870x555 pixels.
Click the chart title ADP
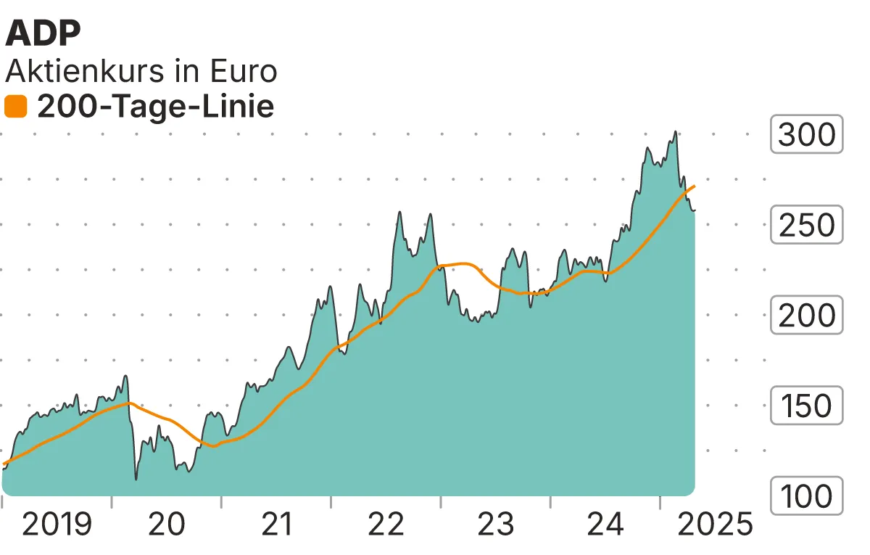pyautogui.click(x=43, y=33)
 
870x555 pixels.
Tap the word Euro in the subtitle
pyautogui.click(x=243, y=71)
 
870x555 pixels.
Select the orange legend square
pyautogui.click(x=16, y=107)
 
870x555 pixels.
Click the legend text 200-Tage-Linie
pyautogui.click(x=155, y=107)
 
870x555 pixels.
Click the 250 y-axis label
pyautogui.click(x=806, y=225)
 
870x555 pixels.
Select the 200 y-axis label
pyautogui.click(x=806, y=316)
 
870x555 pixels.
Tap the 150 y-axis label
pyautogui.click(x=806, y=406)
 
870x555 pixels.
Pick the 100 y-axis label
pyautogui.click(x=806, y=496)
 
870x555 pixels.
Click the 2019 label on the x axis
pyautogui.click(x=57, y=524)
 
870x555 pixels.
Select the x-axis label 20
pyautogui.click(x=166, y=524)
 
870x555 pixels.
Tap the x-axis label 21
pyautogui.click(x=275, y=524)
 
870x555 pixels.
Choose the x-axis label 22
pyautogui.click(x=386, y=524)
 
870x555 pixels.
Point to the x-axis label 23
pyautogui.click(x=495, y=524)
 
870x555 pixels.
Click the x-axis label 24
pyautogui.click(x=605, y=524)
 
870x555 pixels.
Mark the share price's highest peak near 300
pyautogui.click(x=675, y=132)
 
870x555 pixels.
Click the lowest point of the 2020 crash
pyautogui.click(x=136, y=479)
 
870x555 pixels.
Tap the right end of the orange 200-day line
pyautogui.click(x=695, y=186)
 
